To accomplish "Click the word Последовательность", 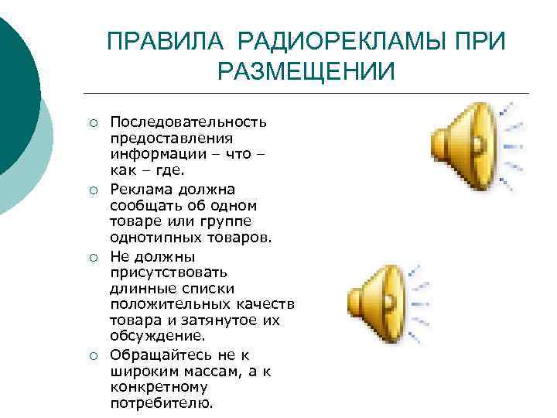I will [189, 122].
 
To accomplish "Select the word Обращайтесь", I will [156, 355].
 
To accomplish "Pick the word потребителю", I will [161, 403].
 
